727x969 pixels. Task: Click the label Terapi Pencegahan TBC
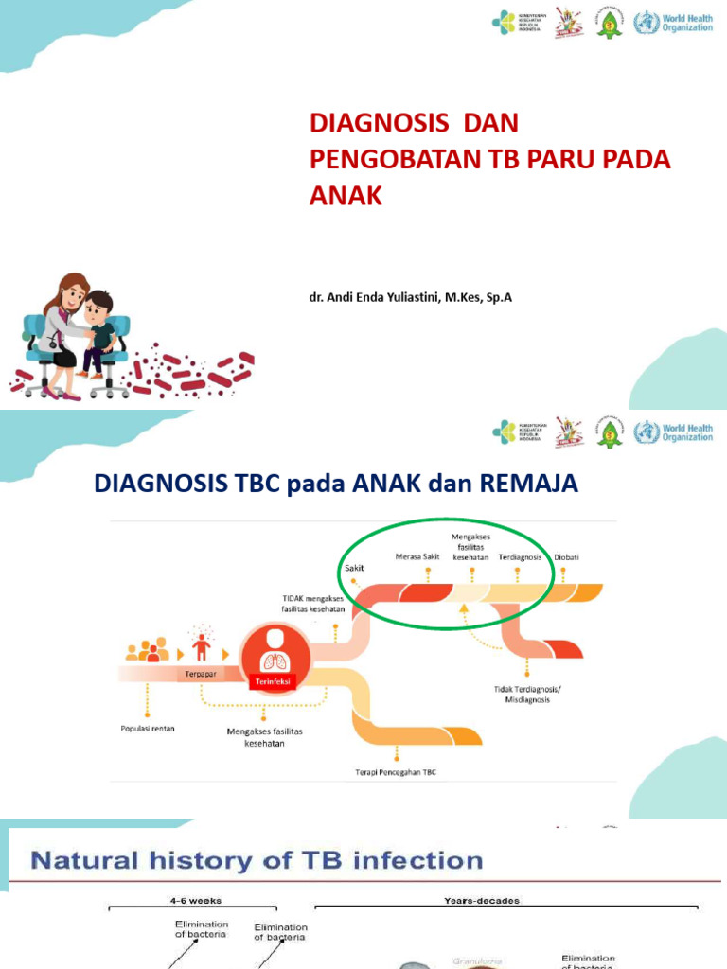tap(397, 772)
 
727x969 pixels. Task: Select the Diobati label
tap(567, 557)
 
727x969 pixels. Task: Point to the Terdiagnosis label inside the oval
tap(520, 557)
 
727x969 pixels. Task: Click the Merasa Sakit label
tap(416, 557)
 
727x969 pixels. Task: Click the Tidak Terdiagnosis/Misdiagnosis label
tap(527, 694)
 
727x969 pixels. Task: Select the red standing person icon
tap(201, 646)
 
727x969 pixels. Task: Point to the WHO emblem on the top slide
tap(647, 22)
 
